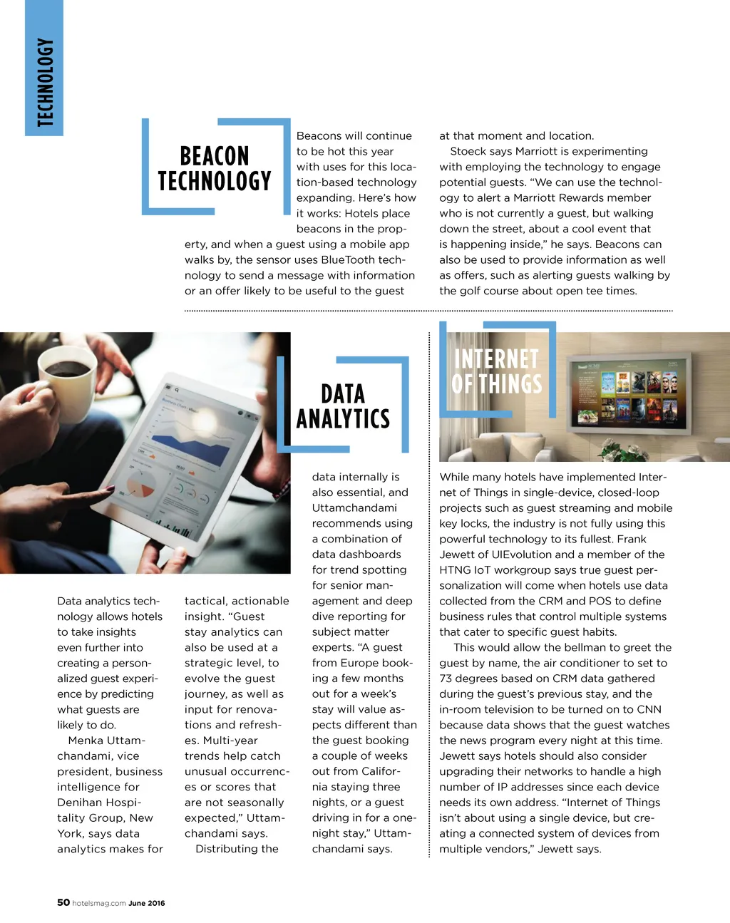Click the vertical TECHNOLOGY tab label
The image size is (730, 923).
click(x=45, y=82)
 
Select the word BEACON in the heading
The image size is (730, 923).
click(x=215, y=156)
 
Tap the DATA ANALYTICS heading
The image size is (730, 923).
click(x=343, y=406)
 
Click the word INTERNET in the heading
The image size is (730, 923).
click(x=496, y=358)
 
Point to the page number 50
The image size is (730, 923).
click(x=63, y=902)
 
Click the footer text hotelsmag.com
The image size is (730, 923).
click(x=99, y=903)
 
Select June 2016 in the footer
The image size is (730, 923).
click(x=147, y=903)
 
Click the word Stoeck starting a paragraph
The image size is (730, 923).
click(x=468, y=151)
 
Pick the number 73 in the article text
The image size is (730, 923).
click(x=446, y=679)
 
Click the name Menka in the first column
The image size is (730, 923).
click(x=85, y=741)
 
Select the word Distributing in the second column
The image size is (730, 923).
click(x=237, y=849)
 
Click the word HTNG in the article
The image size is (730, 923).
click(x=455, y=570)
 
